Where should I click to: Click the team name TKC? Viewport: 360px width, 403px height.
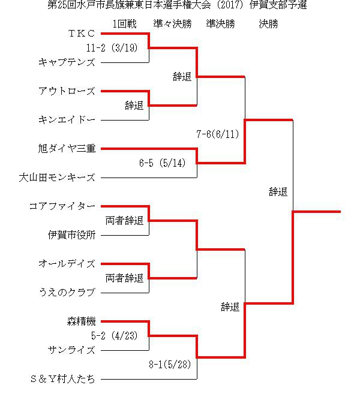[x=82, y=34]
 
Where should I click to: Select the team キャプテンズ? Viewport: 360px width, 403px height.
[x=67, y=62]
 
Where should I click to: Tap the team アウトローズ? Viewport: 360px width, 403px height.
[x=67, y=91]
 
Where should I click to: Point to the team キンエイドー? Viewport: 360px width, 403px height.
[x=67, y=120]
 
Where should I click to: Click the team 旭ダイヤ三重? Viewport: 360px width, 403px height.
[x=67, y=149]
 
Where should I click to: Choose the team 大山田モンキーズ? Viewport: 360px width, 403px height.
[x=57, y=178]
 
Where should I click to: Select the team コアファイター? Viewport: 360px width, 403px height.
[x=62, y=206]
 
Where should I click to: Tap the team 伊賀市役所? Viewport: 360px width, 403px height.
[x=72, y=235]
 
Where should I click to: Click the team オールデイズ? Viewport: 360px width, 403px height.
[x=67, y=264]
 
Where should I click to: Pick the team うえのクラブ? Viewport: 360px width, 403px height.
[x=67, y=293]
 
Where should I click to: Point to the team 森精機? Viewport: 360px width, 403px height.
[x=81, y=321]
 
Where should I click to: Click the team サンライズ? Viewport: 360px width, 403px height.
[x=72, y=350]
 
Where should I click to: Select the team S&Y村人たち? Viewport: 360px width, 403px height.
[x=62, y=379]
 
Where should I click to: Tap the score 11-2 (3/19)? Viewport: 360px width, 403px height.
[x=112, y=48]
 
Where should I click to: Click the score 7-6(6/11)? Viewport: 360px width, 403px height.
[x=218, y=134]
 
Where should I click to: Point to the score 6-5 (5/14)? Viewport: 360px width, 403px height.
[x=162, y=163]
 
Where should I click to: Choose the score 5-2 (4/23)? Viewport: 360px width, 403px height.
[x=115, y=336]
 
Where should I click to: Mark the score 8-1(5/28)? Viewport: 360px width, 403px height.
[x=170, y=365]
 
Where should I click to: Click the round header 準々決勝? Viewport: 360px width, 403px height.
[x=173, y=24]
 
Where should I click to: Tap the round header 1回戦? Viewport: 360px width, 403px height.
[x=124, y=24]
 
